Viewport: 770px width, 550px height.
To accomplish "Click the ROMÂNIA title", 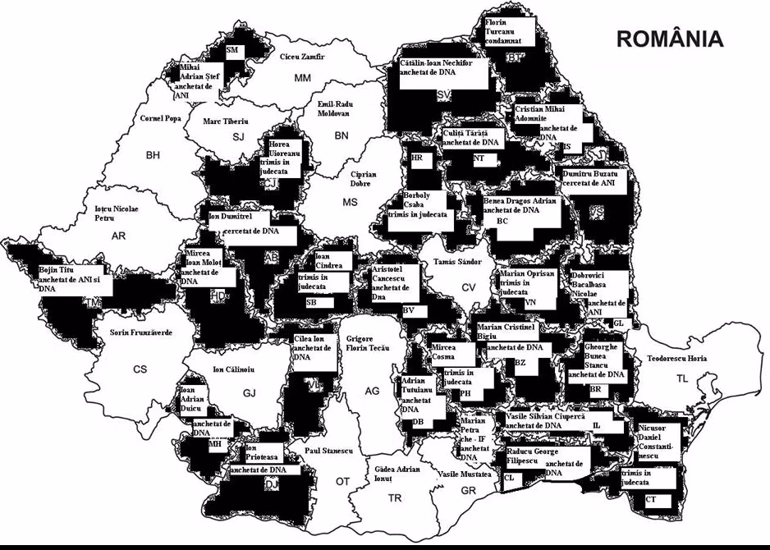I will click(x=670, y=39).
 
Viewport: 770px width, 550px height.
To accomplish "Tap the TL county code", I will click(x=683, y=378).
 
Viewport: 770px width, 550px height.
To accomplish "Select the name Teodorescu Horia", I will click(x=676, y=359).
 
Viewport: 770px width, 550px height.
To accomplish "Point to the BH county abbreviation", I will click(x=154, y=154).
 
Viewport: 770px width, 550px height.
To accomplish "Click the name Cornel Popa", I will click(x=160, y=118).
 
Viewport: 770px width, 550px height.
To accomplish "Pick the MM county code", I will click(x=303, y=78).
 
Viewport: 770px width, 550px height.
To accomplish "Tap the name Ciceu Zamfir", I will click(x=302, y=57).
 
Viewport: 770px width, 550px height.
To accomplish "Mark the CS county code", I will click(x=140, y=369).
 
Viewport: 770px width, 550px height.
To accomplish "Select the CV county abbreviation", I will click(x=468, y=287).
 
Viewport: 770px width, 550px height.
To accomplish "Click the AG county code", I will click(x=372, y=391).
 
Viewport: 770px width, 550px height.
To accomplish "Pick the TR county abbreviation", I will click(x=395, y=497).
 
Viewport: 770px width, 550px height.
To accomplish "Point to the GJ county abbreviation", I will click(x=250, y=393).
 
